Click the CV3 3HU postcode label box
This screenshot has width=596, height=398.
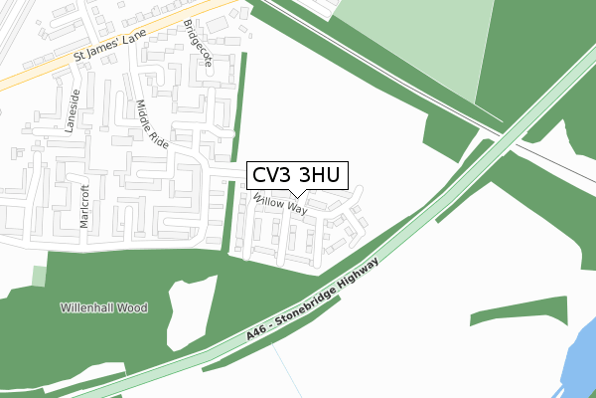(x=295, y=175)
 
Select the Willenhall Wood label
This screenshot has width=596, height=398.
(x=102, y=308)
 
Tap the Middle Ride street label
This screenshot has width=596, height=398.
(x=153, y=123)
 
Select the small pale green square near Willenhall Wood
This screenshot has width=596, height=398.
(x=39, y=276)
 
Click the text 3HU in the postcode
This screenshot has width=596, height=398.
(x=319, y=175)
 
